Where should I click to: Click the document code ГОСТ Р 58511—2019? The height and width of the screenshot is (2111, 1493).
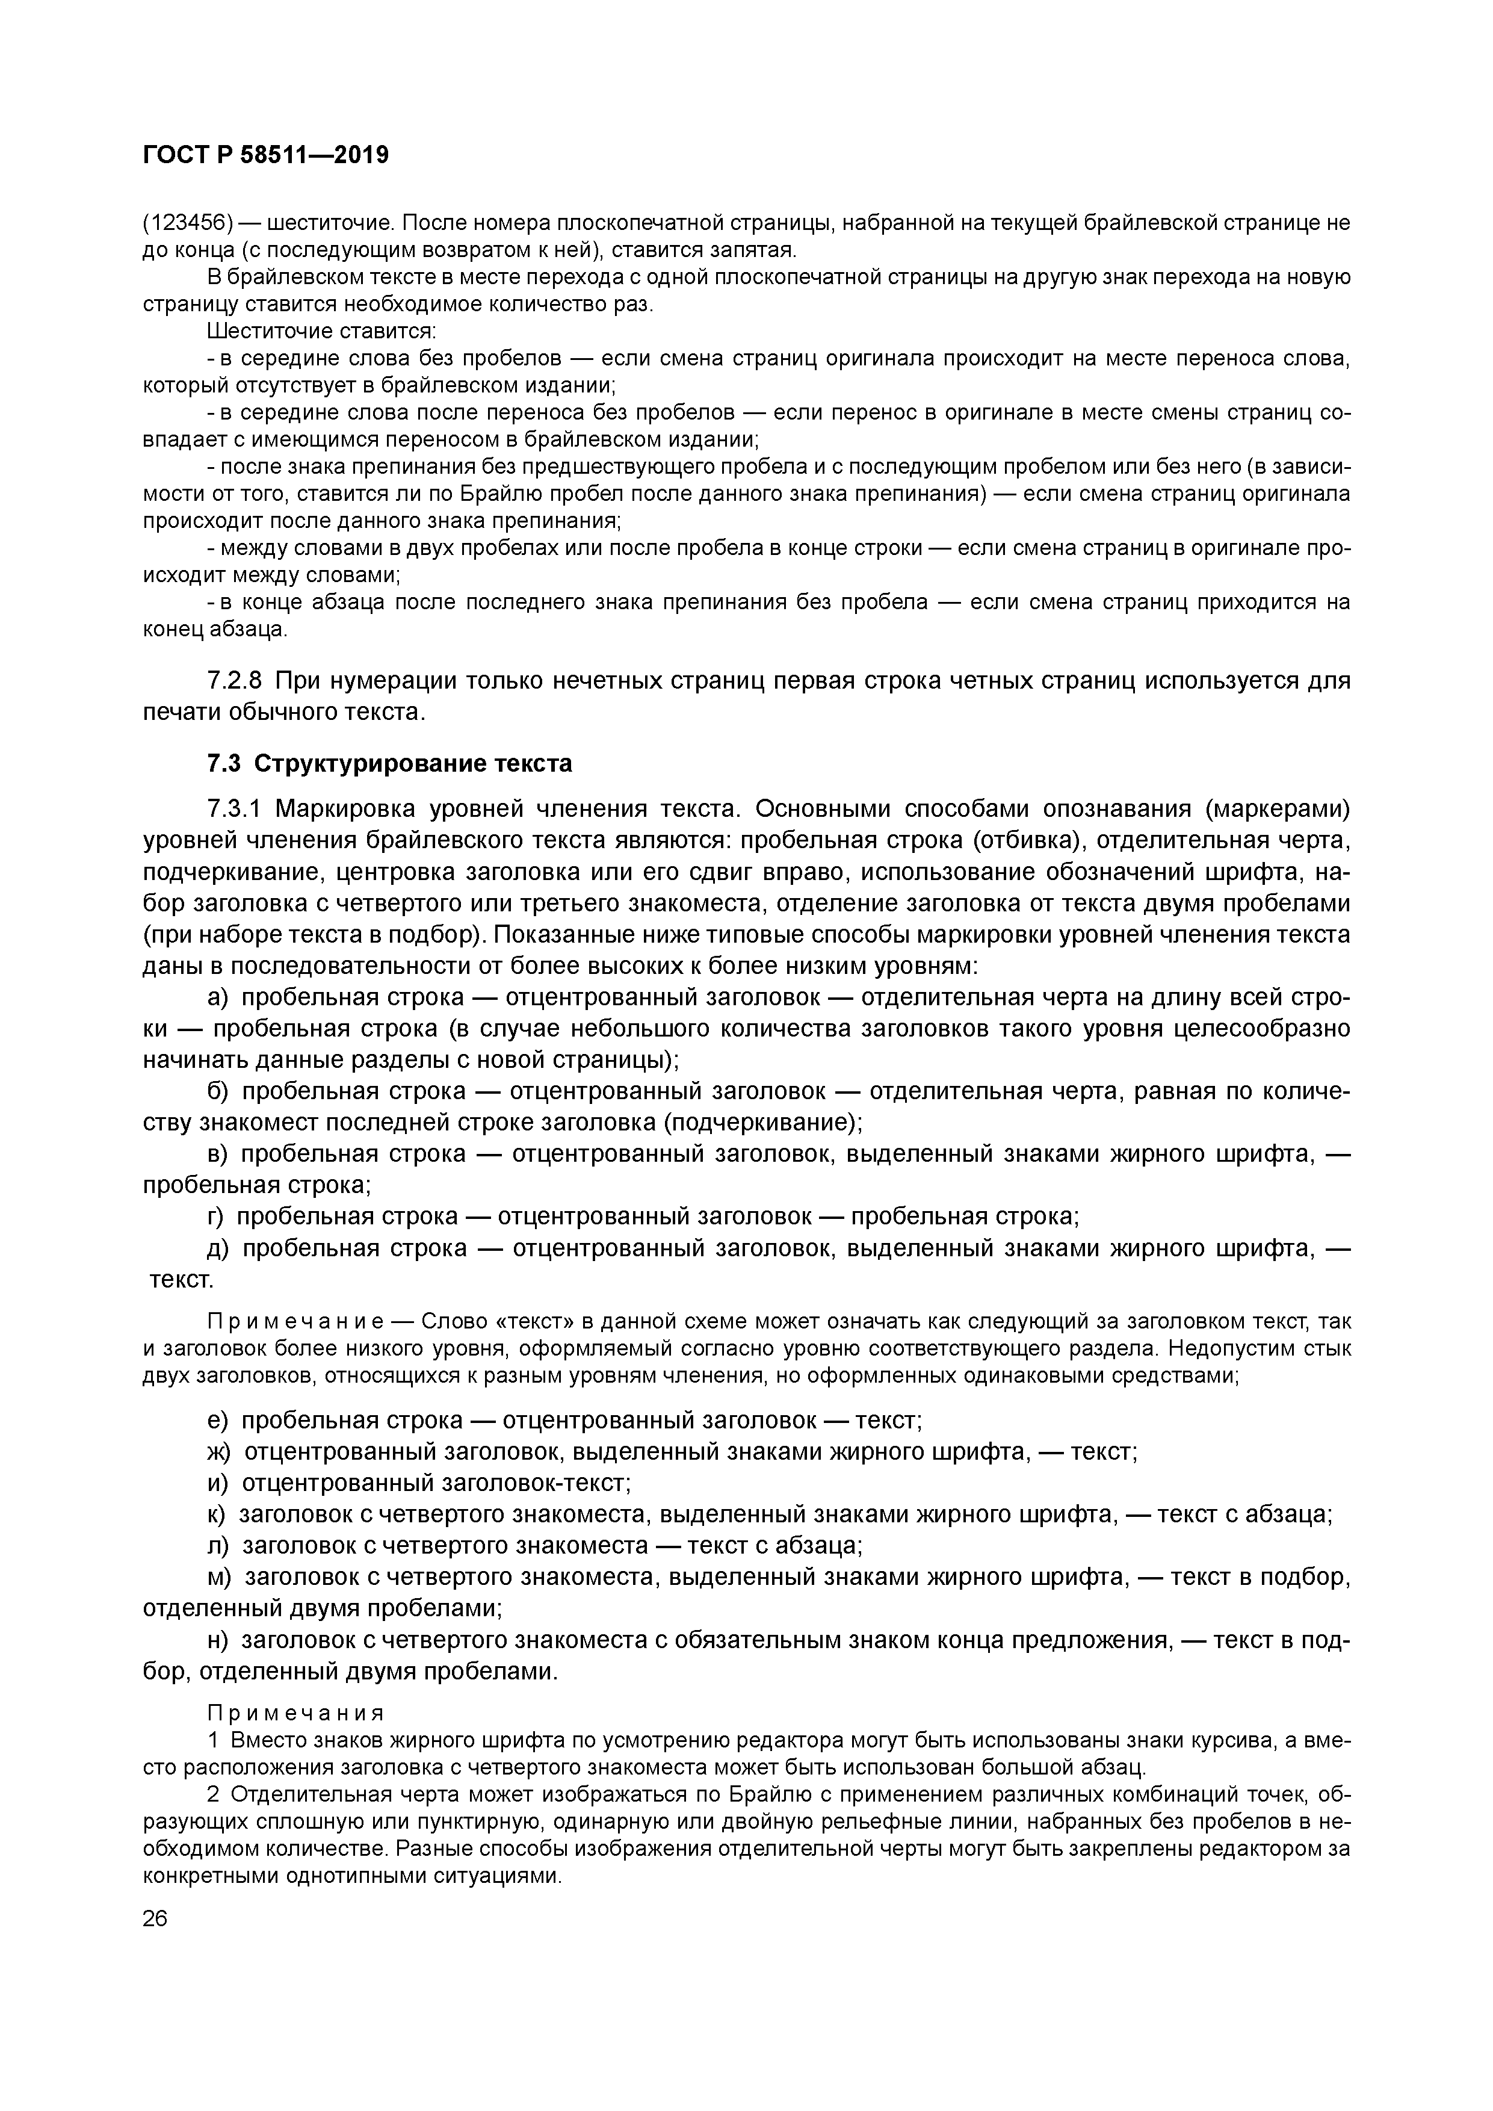(x=266, y=155)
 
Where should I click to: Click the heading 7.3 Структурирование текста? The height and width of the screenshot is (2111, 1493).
(x=389, y=764)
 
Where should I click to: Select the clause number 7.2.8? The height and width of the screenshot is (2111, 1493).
(x=235, y=681)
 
